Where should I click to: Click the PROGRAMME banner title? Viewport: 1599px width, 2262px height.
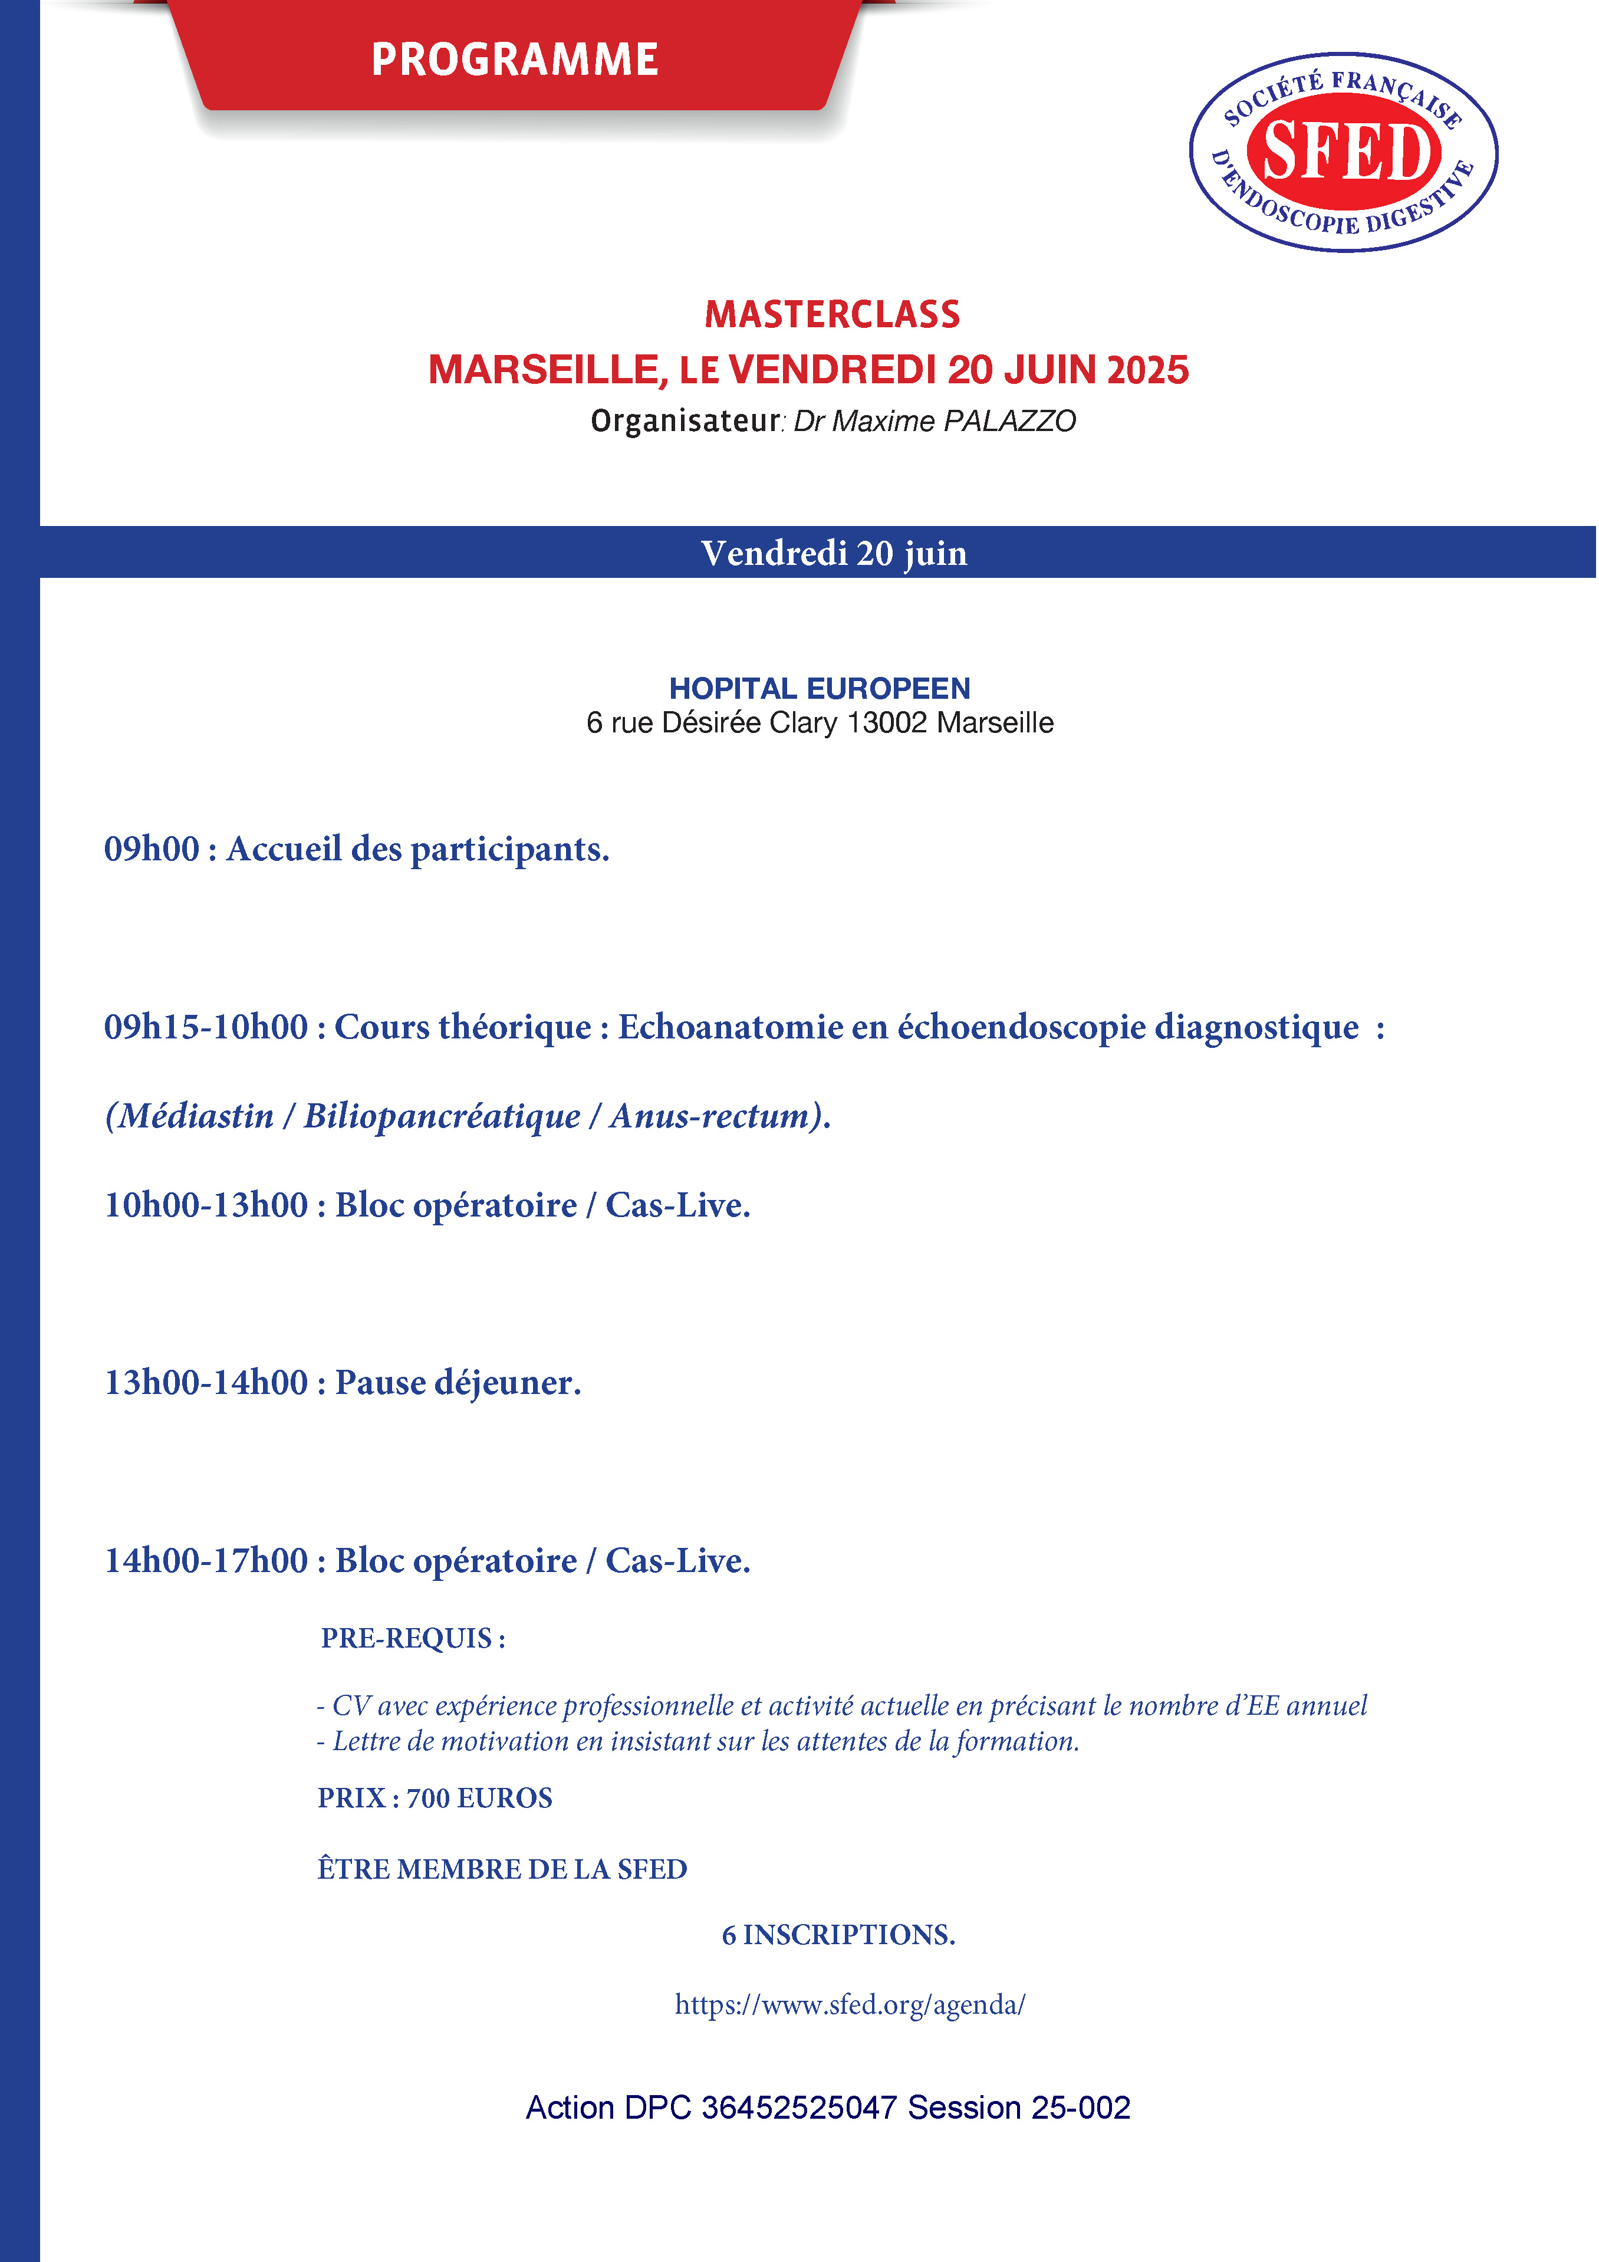[x=514, y=59]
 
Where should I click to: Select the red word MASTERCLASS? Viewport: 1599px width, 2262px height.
[x=831, y=314]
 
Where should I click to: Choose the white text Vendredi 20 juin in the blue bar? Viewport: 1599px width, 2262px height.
[x=834, y=553]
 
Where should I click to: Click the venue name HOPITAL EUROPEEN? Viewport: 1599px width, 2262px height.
[x=820, y=688]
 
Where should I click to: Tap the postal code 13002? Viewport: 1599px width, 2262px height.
[x=887, y=723]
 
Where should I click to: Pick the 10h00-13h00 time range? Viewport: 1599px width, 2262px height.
[x=206, y=1205]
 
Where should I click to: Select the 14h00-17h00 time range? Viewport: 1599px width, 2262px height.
[x=206, y=1560]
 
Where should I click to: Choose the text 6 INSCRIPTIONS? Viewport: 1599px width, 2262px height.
[x=838, y=1935]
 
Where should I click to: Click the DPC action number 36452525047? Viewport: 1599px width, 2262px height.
[x=798, y=2108]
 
